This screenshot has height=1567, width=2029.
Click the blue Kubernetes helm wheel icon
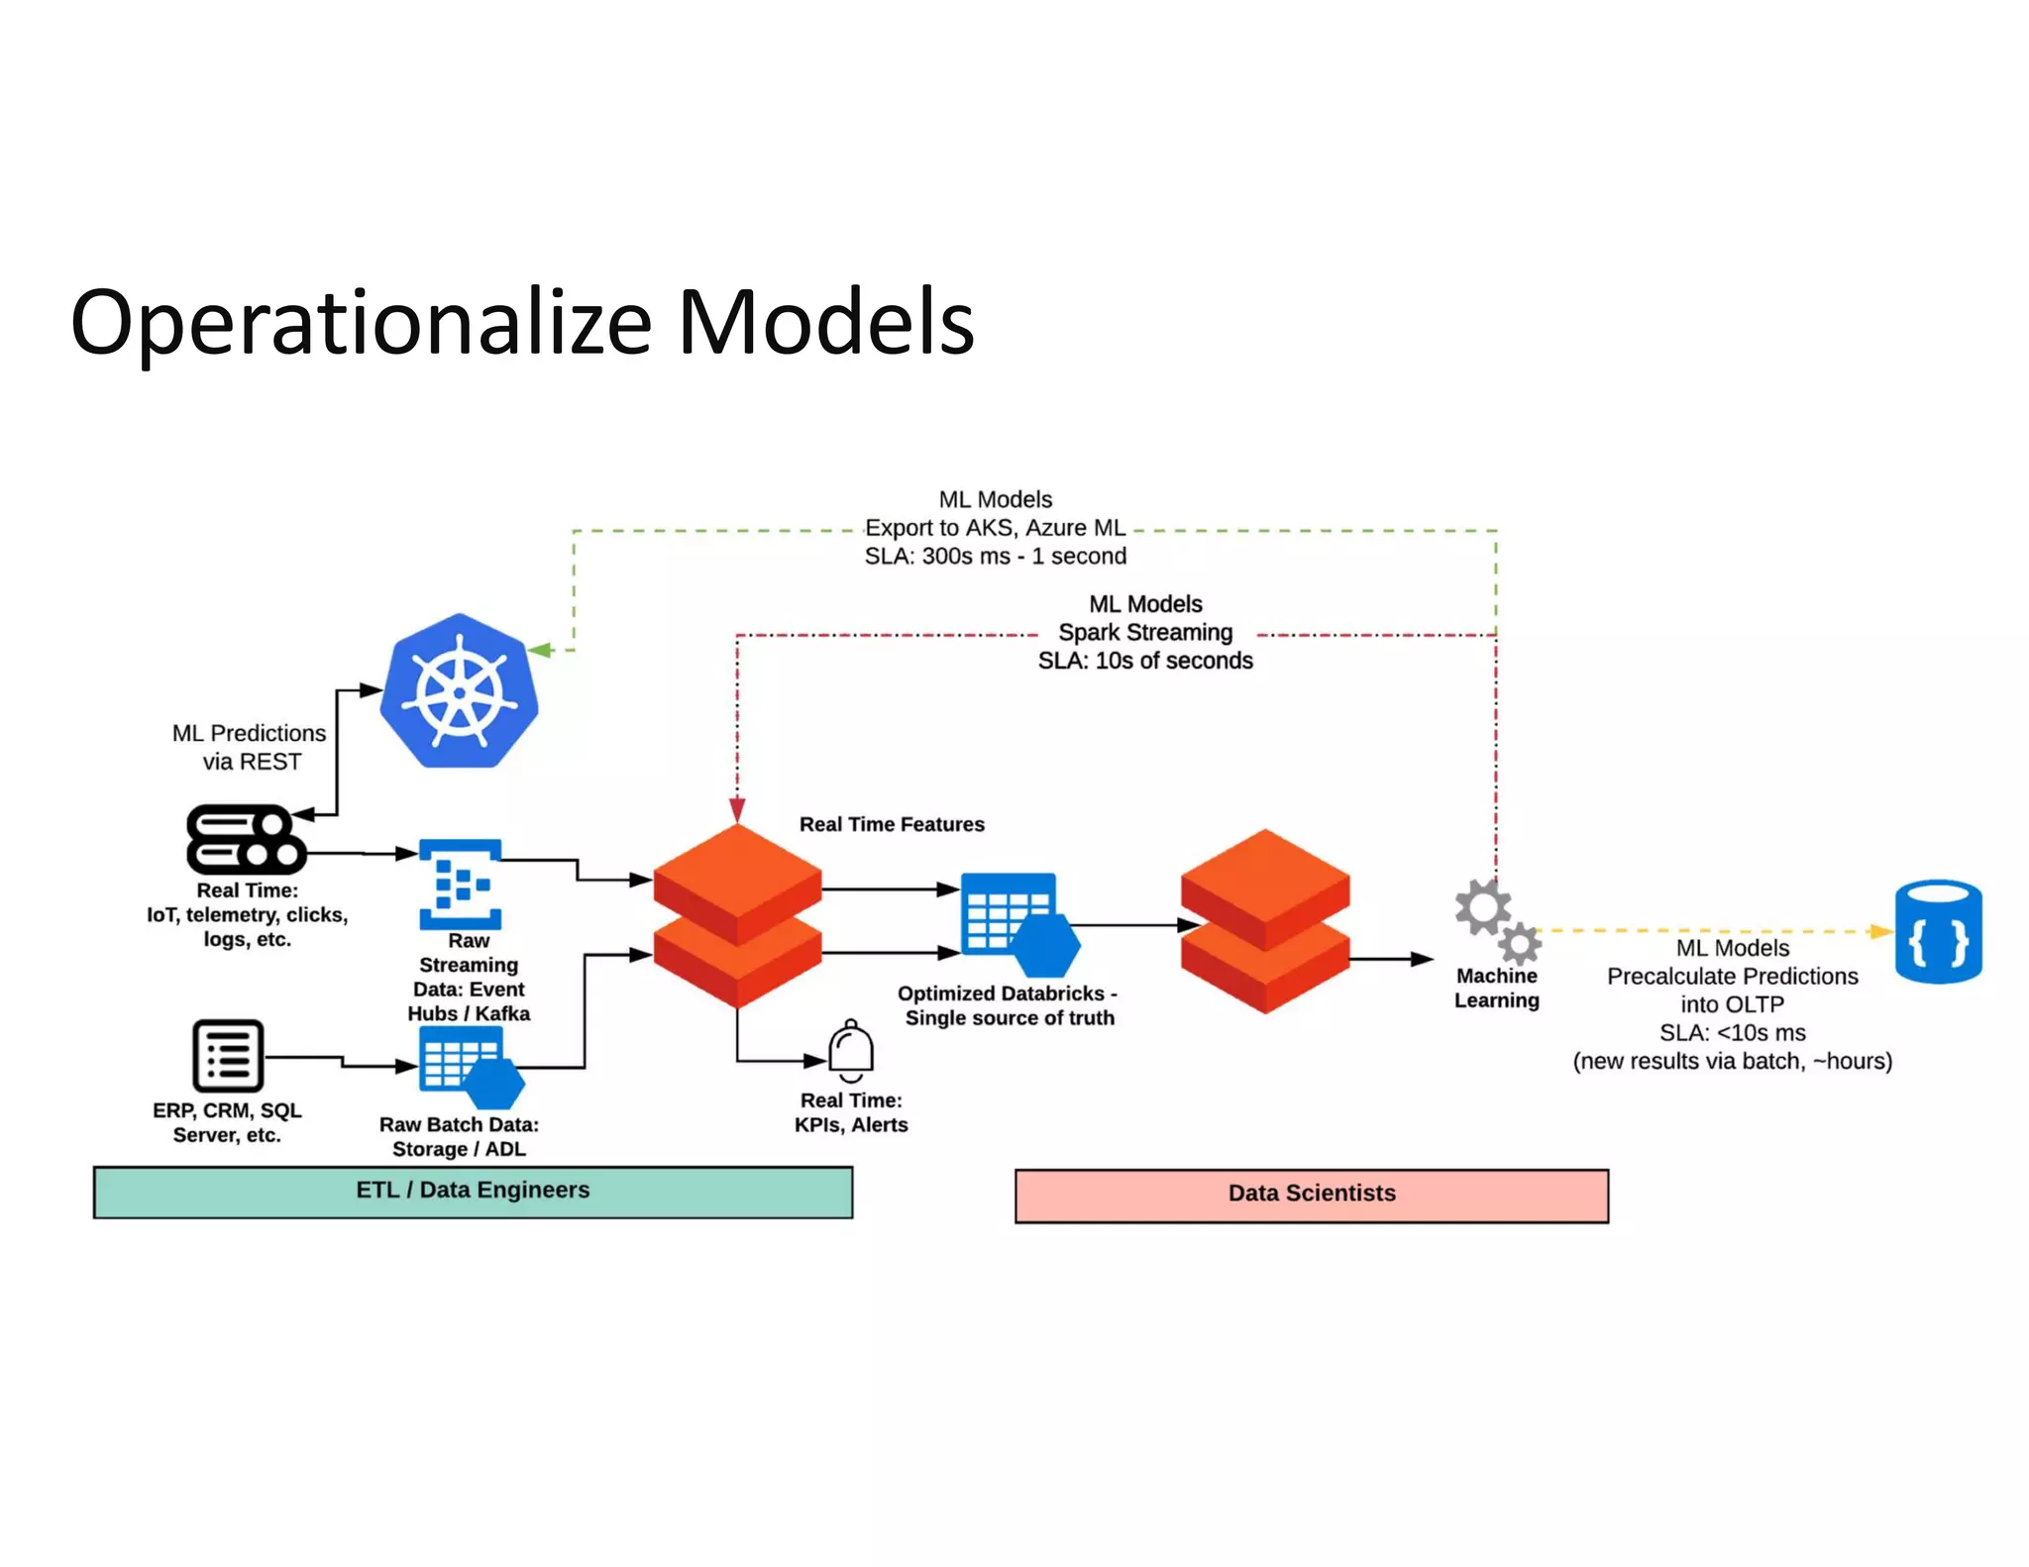tap(460, 691)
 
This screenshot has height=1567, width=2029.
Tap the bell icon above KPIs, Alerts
tap(851, 1051)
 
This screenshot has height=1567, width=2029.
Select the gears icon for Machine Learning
tap(1497, 922)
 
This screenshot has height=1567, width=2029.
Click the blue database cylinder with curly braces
tap(1938, 931)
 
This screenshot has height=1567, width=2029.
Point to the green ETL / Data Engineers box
tap(473, 1192)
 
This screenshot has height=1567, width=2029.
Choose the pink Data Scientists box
tap(1311, 1196)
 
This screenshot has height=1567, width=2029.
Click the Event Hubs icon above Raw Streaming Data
tap(461, 884)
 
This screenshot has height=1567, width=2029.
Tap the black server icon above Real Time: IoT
tap(246, 839)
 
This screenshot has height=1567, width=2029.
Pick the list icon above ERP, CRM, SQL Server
tap(228, 1056)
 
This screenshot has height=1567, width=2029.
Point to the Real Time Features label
tap(892, 824)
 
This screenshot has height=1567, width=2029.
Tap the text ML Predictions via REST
tap(250, 747)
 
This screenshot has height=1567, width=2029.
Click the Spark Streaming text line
tap(1145, 632)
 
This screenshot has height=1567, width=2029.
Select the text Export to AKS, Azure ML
tap(995, 528)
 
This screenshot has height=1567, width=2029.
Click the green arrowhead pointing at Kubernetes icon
tap(539, 650)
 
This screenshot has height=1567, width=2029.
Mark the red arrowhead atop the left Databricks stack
tap(737, 809)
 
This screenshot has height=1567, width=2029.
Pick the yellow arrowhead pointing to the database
tap(1879, 931)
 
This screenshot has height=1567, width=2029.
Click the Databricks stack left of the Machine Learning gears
tap(1265, 921)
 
